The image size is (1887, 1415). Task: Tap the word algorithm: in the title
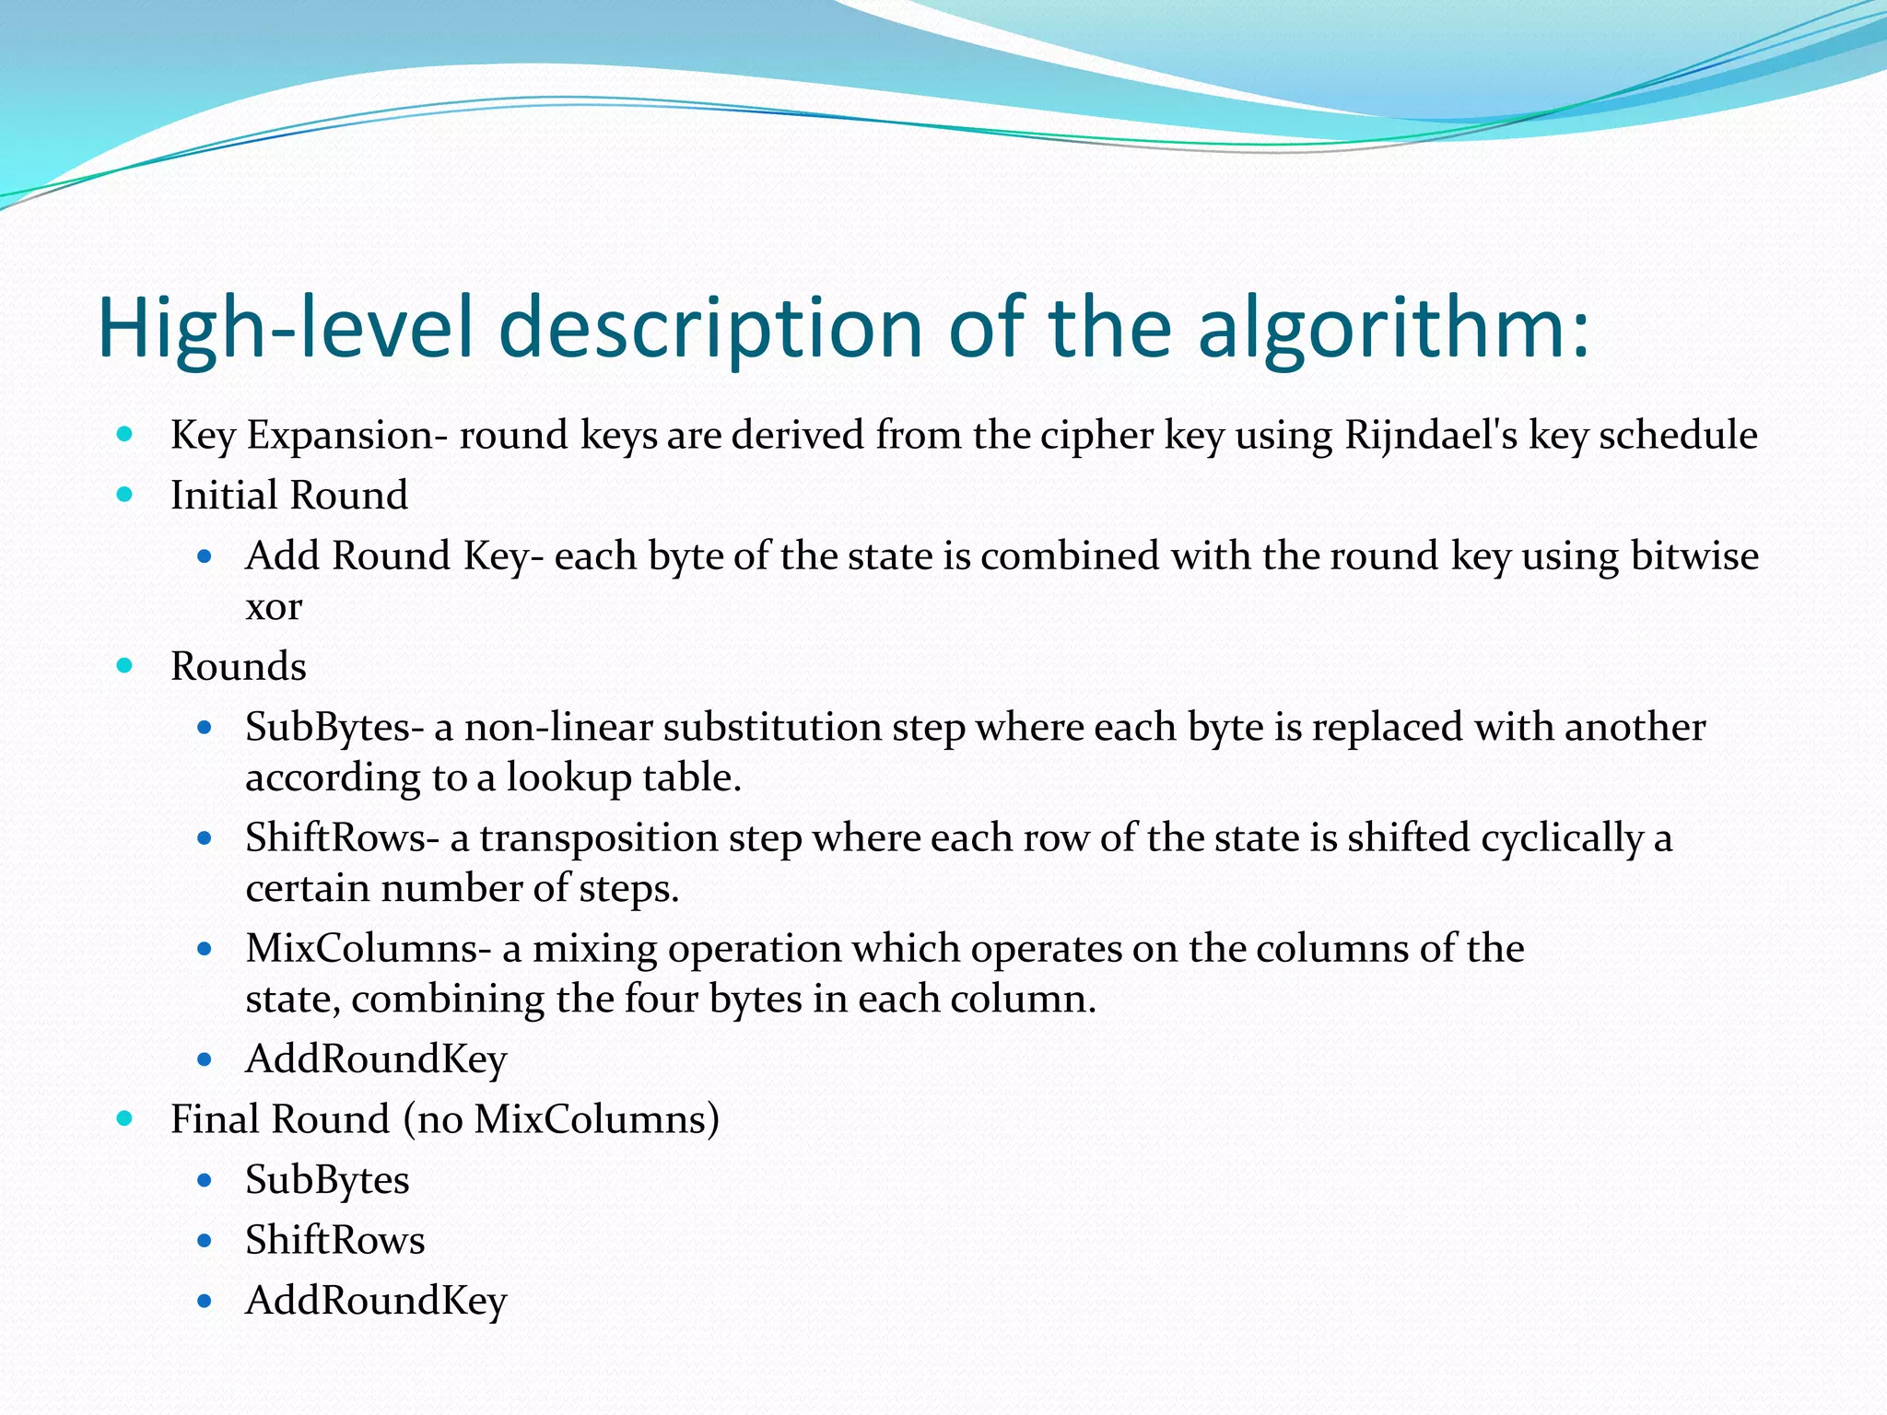click(1393, 329)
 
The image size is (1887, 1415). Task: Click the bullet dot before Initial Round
click(125, 496)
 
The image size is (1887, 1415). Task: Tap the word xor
click(274, 607)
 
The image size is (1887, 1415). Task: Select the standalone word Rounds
click(239, 667)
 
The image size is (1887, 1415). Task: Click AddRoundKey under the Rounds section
click(376, 1059)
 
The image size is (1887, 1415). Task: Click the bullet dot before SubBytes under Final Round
click(205, 1180)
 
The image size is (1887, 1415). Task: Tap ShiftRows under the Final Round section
click(334, 1240)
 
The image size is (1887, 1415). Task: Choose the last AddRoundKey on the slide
click(376, 1301)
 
